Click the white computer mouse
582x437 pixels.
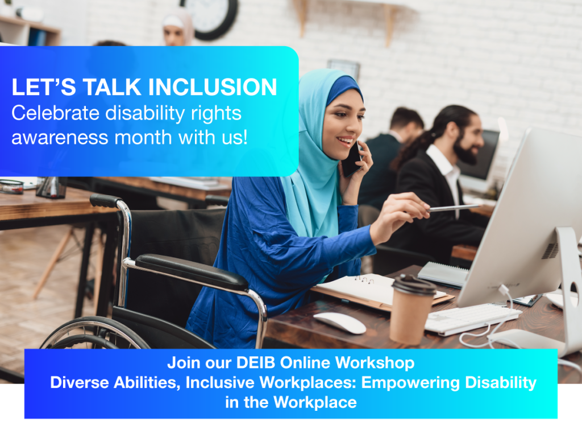point(340,323)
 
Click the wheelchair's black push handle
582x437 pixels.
point(106,201)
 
